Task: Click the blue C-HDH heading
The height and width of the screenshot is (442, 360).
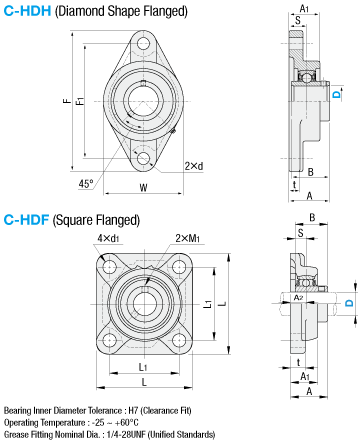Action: coord(27,11)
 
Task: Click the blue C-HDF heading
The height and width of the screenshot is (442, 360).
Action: coord(26,220)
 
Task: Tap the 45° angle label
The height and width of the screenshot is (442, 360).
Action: coord(86,184)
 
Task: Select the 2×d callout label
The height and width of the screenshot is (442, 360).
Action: coord(194,166)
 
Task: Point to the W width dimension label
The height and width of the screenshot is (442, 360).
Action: coord(143,187)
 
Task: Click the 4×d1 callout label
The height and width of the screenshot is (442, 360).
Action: coord(108,238)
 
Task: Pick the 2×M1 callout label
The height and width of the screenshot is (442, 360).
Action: coord(188,238)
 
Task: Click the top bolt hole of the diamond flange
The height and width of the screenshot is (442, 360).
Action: coord(144,43)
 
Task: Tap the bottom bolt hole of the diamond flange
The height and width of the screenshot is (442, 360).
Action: coord(144,159)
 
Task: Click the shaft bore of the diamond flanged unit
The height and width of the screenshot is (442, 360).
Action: coord(143,101)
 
